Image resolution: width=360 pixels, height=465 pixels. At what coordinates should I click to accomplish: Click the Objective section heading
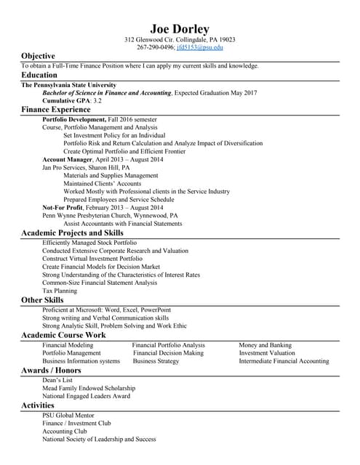click(38, 56)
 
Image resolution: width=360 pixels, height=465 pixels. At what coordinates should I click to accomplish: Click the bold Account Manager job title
click(68, 158)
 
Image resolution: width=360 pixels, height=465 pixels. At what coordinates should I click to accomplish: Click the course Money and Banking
click(265, 345)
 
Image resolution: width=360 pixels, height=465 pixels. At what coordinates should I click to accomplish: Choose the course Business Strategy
click(156, 361)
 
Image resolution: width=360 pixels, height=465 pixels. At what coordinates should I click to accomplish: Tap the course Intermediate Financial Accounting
click(284, 361)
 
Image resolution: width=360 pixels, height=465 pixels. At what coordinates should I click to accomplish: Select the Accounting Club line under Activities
click(64, 431)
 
